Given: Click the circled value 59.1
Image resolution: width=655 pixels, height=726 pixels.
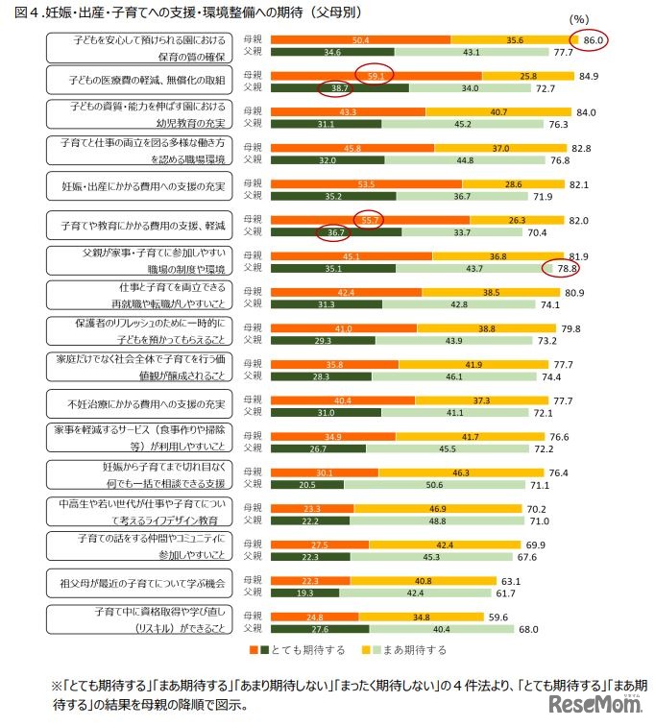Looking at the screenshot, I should tap(376, 75).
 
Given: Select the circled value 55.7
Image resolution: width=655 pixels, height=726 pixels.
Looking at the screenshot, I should tap(369, 219).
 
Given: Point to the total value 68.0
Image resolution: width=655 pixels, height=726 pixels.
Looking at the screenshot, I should tap(554, 630).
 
